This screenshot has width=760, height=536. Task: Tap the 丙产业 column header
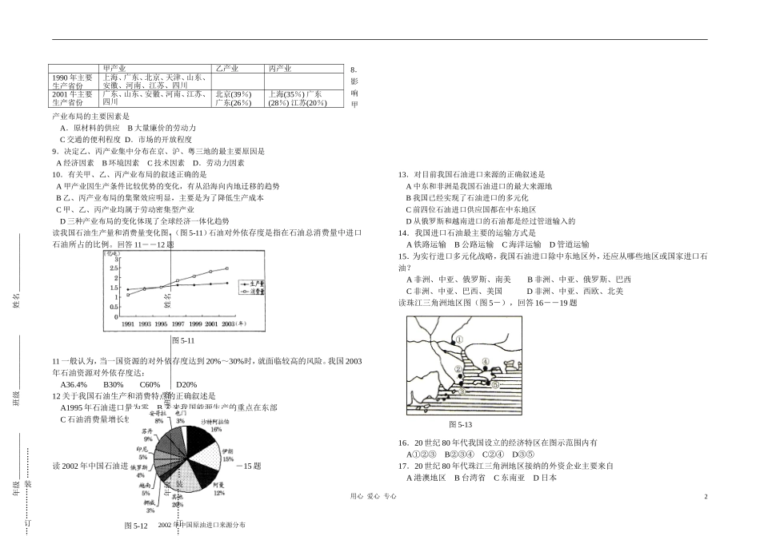(281, 69)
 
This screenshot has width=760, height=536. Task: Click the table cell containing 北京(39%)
(233, 93)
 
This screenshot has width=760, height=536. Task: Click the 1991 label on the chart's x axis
(128, 325)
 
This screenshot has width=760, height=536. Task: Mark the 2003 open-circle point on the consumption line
(226, 268)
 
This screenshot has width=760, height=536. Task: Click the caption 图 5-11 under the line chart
(183, 340)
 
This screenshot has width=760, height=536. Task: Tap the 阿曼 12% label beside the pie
(218, 488)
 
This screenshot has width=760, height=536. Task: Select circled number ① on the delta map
(461, 339)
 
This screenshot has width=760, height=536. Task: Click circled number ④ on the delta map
(485, 362)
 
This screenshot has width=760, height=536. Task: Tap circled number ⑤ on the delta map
(495, 384)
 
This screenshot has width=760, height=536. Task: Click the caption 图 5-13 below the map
(460, 424)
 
